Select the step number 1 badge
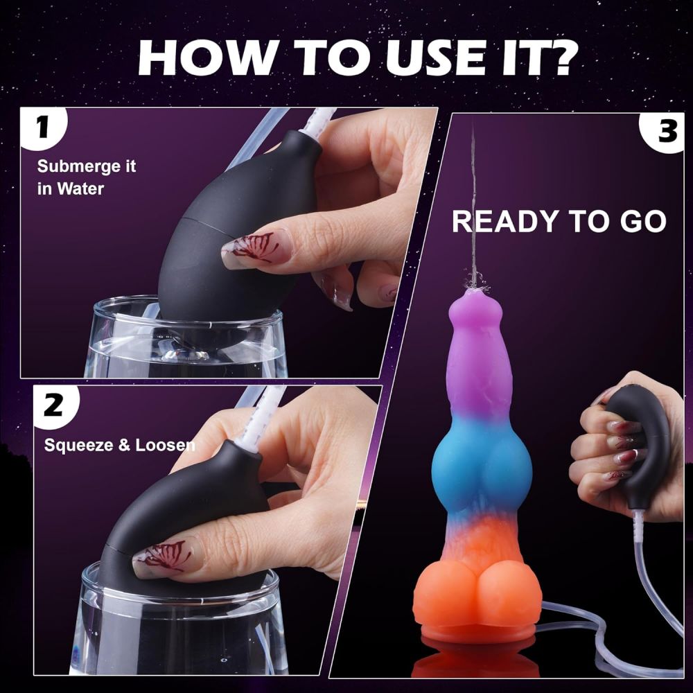pyautogui.click(x=43, y=128)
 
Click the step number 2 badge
pyautogui.click(x=54, y=405)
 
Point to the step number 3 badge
pyautogui.click(x=665, y=132)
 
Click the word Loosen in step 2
pyautogui.click(x=165, y=444)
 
